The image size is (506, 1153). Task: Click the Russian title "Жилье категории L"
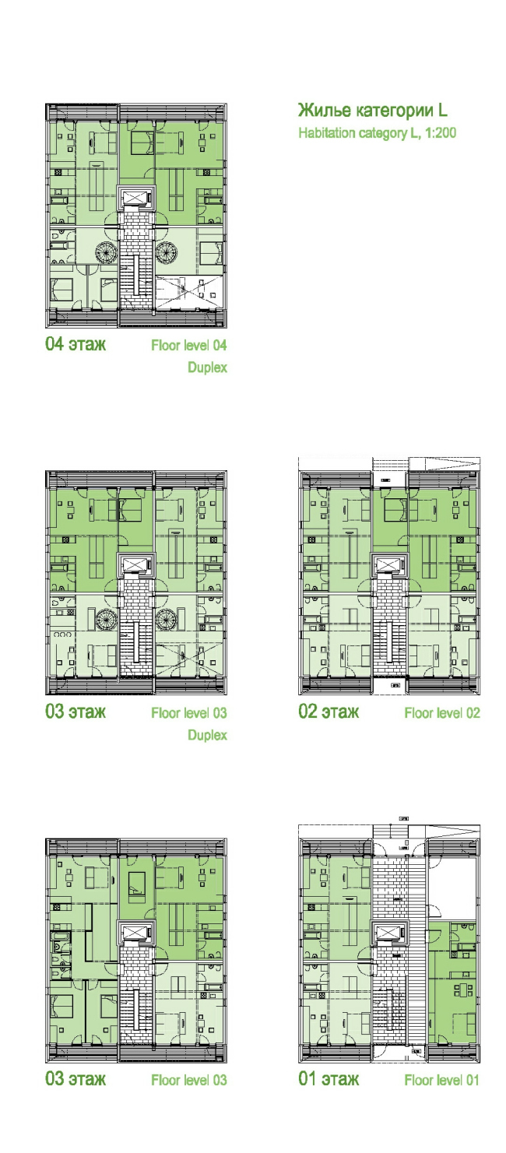click(x=372, y=110)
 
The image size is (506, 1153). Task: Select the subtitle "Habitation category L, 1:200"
click(x=377, y=133)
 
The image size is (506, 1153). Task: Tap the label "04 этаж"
click(x=76, y=344)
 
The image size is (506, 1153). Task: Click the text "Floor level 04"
click(x=189, y=345)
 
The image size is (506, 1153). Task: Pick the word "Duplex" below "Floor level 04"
click(x=207, y=367)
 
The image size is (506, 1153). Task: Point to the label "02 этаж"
click(x=329, y=712)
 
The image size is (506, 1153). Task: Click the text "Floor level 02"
click(x=442, y=713)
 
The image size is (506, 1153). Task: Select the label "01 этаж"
click(x=329, y=1078)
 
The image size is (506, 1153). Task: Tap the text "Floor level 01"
click(x=441, y=1080)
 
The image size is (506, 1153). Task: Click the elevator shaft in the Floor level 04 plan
click(x=136, y=197)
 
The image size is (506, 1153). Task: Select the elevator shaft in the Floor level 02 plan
click(x=390, y=565)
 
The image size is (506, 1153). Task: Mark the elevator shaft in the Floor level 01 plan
click(x=390, y=932)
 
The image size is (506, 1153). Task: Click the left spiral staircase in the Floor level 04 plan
click(x=107, y=252)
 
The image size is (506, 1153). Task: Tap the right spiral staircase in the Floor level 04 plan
click(x=167, y=252)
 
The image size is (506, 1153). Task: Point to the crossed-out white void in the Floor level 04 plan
click(x=189, y=294)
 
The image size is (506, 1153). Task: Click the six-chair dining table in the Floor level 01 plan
click(x=463, y=990)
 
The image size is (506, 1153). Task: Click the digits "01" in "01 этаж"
click(x=307, y=1078)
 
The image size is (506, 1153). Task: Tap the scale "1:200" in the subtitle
click(x=441, y=133)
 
